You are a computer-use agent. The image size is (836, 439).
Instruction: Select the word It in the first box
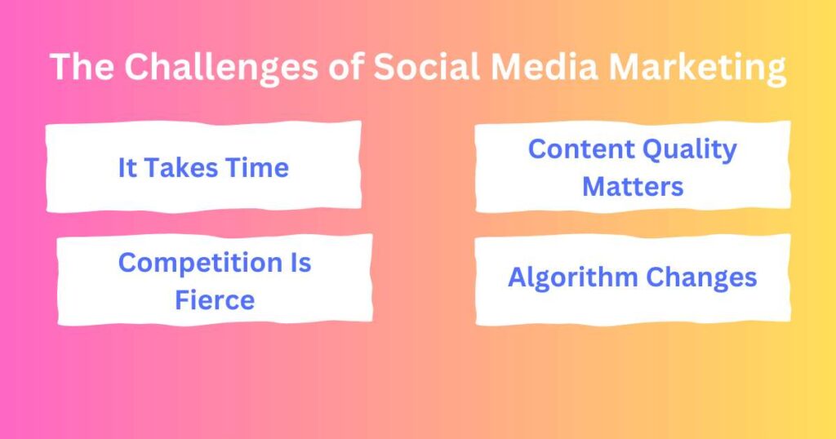pyautogui.click(x=127, y=168)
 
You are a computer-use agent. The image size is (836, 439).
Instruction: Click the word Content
pyautogui.click(x=581, y=149)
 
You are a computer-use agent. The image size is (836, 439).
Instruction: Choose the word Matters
pyautogui.click(x=633, y=186)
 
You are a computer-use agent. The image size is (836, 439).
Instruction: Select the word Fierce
pyautogui.click(x=215, y=299)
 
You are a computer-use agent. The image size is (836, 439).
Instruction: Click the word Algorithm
pyautogui.click(x=571, y=278)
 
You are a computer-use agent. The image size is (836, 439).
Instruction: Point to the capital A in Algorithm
pyautogui.click(x=517, y=277)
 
